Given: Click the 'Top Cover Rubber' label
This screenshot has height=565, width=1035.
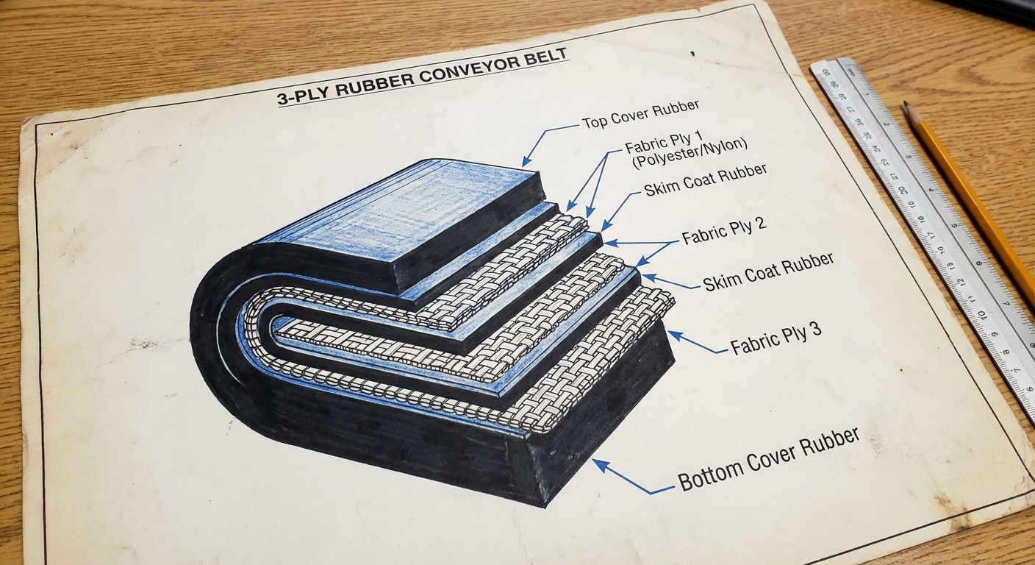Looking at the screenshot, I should [x=640, y=114].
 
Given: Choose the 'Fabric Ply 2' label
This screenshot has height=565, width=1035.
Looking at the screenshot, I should [x=724, y=230].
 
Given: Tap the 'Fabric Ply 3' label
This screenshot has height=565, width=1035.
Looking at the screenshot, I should [x=776, y=338].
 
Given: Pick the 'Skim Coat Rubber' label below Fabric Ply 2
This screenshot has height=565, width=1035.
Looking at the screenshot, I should [x=768, y=271].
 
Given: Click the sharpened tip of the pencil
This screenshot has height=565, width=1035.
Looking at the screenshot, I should [x=906, y=105].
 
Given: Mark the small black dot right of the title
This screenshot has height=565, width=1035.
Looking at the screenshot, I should [x=692, y=54].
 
